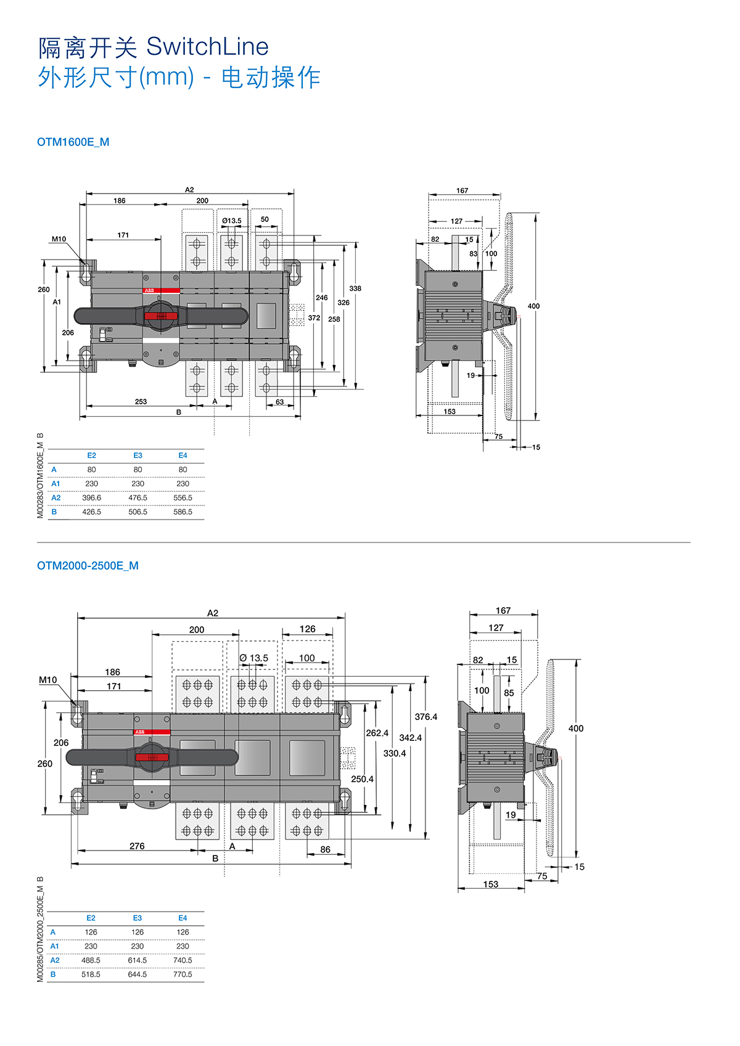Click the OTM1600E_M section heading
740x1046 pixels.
(73, 142)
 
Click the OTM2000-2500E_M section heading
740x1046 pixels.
(88, 565)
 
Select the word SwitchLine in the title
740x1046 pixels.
(207, 47)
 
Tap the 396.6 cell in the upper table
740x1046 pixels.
(91, 498)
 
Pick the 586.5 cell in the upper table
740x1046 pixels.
(183, 512)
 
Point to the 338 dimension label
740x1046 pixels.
(355, 288)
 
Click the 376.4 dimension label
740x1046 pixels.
(426, 717)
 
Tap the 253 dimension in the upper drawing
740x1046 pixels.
(141, 402)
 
